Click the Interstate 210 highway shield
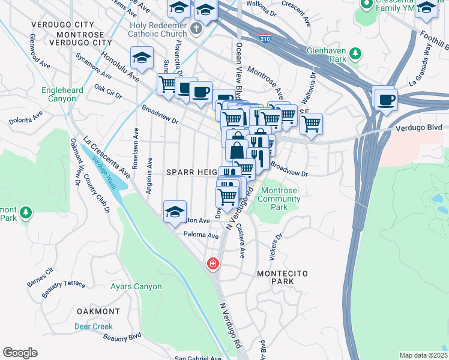point(265,39)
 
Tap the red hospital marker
point(212,263)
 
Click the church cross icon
point(195,29)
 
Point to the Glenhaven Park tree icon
point(355,54)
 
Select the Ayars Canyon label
point(136,287)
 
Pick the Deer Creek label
point(93,327)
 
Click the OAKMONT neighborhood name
point(99,311)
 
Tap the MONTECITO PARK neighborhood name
point(282,277)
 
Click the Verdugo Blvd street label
point(418,128)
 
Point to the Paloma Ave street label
point(200,236)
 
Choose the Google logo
point(20,352)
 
